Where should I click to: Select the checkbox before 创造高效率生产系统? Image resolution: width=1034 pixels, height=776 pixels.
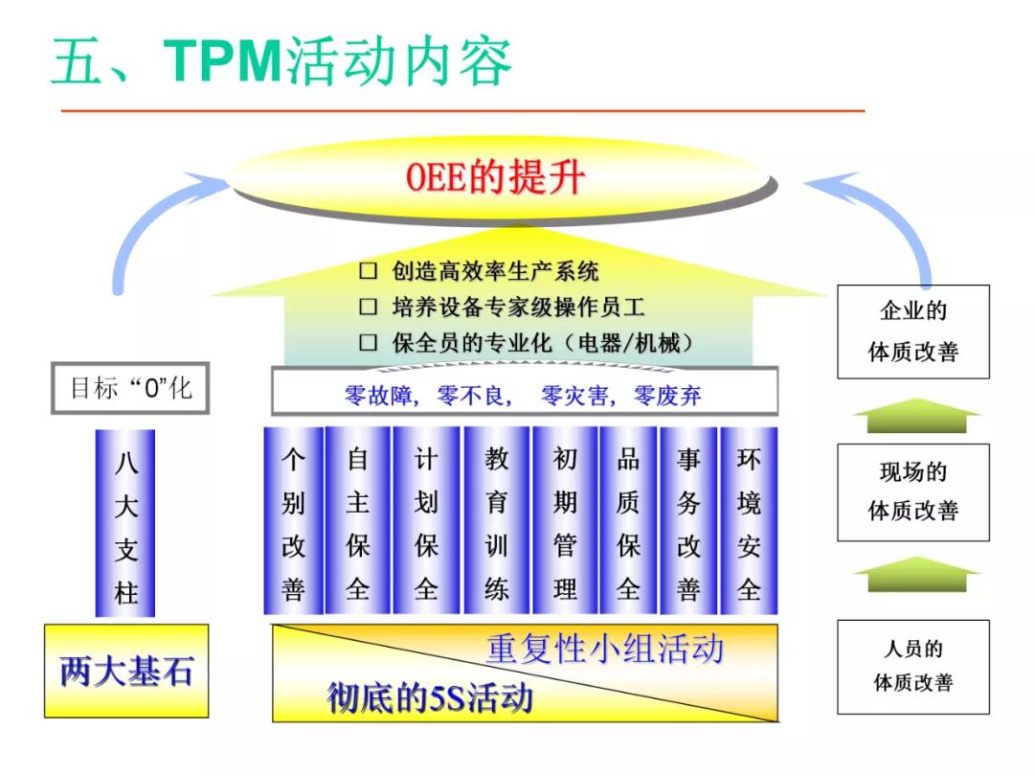pos(369,271)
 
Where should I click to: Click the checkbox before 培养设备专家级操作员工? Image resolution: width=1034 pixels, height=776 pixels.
pos(369,308)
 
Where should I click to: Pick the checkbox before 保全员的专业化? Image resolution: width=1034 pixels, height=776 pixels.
pos(369,343)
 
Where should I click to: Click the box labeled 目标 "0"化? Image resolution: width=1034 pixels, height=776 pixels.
pos(130,388)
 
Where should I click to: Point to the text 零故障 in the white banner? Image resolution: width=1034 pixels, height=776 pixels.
pos(379,395)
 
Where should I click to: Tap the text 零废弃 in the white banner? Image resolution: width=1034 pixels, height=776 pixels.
pos(667,395)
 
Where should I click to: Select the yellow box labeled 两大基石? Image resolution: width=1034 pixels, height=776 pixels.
pos(125,672)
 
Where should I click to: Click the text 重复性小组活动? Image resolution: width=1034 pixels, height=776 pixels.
pos(604,649)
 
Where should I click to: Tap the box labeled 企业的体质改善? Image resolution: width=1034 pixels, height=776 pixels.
pos(913,331)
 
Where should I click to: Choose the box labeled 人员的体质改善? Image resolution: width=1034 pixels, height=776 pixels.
pos(913,666)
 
